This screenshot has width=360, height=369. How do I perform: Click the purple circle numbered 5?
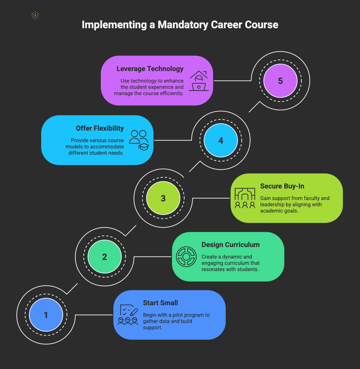280,81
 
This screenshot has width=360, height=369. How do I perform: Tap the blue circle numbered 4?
221,140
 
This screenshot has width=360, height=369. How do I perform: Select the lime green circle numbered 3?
163,198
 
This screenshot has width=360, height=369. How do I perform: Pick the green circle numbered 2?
105,256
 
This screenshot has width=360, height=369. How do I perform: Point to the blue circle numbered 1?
46,315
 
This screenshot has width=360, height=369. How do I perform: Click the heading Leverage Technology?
150,69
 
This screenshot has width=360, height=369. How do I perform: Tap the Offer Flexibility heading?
100,128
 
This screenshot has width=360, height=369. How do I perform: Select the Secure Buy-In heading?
282,186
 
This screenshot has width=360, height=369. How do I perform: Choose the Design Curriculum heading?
231,245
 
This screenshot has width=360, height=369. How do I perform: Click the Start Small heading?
160,303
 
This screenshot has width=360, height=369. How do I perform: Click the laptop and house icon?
198,81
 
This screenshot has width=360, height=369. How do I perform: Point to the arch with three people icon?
245,198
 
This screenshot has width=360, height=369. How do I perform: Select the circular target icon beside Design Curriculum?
186,256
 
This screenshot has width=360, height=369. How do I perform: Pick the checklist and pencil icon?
128,315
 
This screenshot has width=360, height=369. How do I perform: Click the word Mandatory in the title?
182,25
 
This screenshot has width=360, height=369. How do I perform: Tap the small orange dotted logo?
35,16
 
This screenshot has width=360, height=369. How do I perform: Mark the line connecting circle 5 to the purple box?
233,80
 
